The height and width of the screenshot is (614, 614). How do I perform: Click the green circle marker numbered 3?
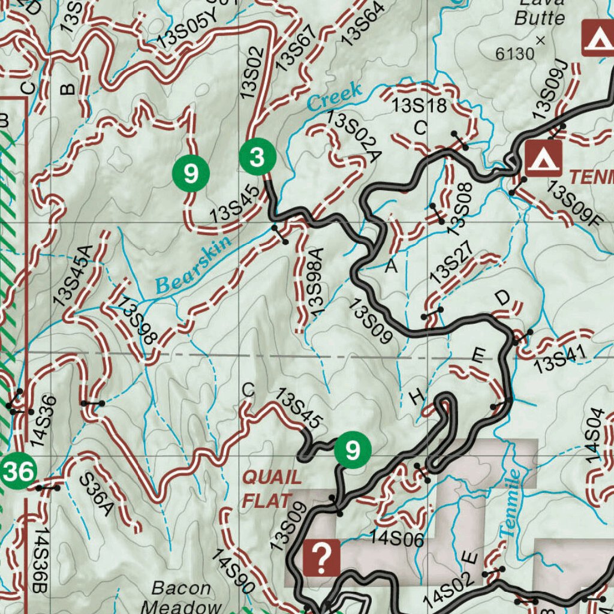[x=258, y=158]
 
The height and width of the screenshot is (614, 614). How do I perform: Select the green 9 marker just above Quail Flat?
[x=353, y=449]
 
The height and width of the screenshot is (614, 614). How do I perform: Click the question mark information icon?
[x=322, y=558]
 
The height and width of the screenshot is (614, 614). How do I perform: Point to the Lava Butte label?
[x=540, y=12]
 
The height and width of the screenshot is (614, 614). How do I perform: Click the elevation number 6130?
[x=515, y=54]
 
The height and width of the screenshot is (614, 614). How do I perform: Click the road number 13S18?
[x=420, y=106]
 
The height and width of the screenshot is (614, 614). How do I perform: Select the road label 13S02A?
[x=354, y=137]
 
